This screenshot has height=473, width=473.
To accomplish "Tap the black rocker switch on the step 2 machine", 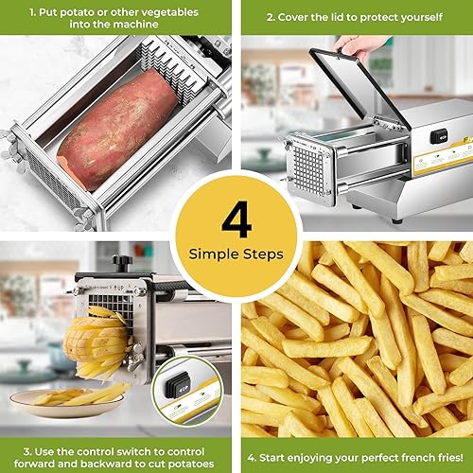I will pyautogui.click(x=437, y=136).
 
